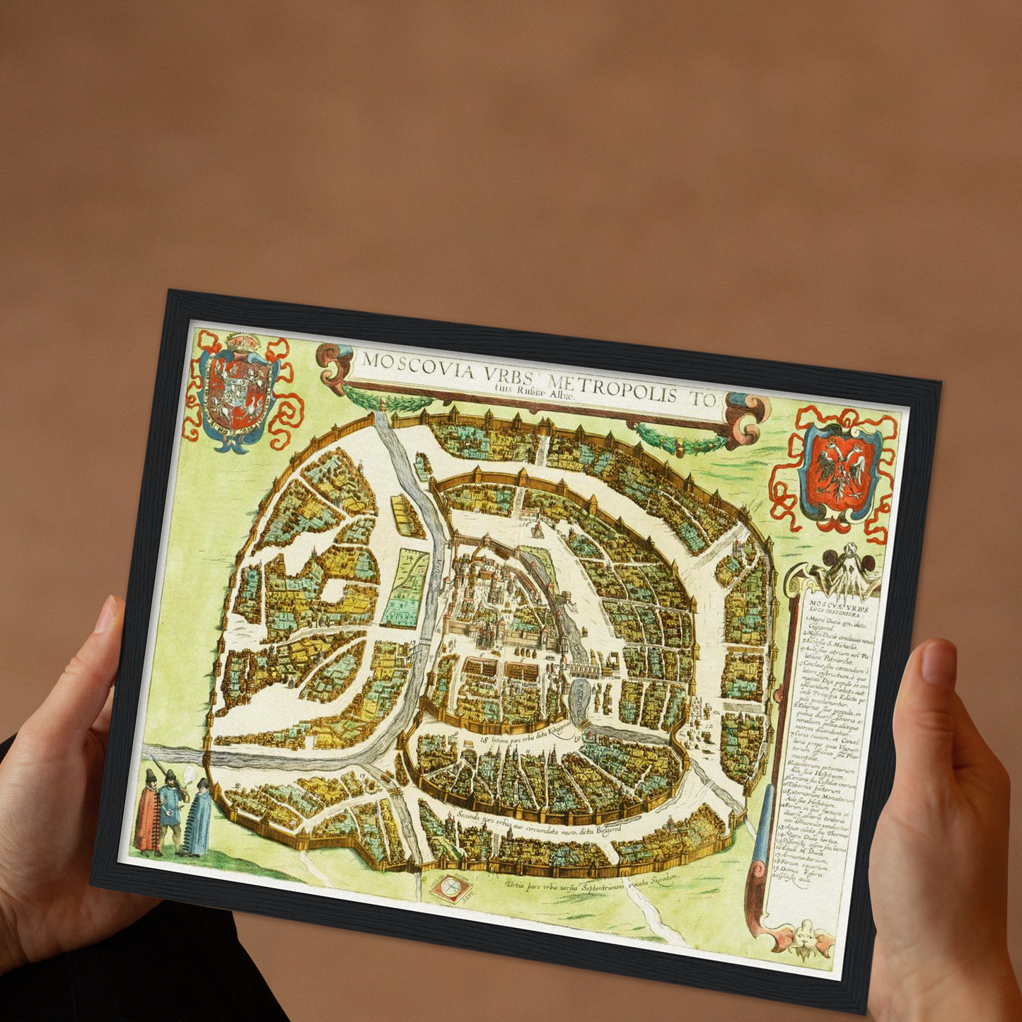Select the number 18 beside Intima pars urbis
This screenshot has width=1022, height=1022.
tap(484, 740)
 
